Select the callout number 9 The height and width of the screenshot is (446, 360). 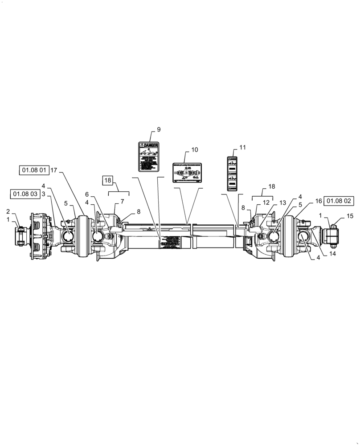click(159, 130)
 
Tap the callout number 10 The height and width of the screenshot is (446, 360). click(195, 150)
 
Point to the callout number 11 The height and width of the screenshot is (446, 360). click(242, 147)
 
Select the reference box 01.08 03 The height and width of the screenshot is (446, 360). click(25, 194)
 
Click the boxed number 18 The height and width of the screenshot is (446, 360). click(108, 181)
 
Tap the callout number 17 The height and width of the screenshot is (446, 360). click(53, 170)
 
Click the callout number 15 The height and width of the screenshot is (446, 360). click(350, 216)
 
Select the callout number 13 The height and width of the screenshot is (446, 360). click(282, 203)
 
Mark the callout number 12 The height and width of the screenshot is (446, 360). click(266, 202)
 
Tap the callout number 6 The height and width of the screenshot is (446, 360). click(87, 194)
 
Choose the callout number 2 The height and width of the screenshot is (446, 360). click(8, 211)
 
